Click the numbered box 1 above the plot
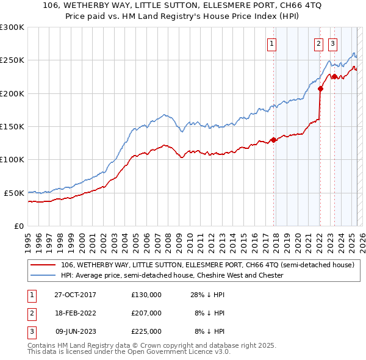pos(271,43)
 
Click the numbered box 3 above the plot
pos(332,43)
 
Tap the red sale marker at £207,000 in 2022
pos(320,89)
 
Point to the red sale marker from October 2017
pos(274,140)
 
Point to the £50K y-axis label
pos(14,193)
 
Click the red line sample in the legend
pos(43,265)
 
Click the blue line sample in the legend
pos(43,276)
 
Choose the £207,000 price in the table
pos(146,313)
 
